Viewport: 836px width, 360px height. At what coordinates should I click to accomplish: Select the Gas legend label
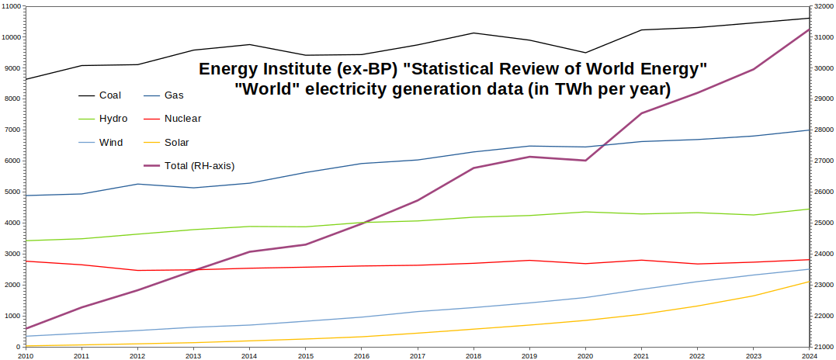point(173,95)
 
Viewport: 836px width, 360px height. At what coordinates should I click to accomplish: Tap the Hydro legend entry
point(113,119)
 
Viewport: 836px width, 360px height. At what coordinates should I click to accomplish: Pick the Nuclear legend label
point(182,119)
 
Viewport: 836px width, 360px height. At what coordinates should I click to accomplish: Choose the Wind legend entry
point(111,142)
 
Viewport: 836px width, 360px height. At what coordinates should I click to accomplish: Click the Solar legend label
point(176,142)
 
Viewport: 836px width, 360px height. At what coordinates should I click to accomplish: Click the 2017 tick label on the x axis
point(417,355)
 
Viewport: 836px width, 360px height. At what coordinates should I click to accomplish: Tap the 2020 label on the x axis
point(585,355)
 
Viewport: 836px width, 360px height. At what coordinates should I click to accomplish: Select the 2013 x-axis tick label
point(193,355)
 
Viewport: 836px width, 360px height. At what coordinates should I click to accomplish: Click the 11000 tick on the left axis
point(12,6)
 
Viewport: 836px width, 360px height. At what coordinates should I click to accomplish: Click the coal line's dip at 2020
point(585,53)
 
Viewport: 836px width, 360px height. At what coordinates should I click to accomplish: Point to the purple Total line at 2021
point(641,113)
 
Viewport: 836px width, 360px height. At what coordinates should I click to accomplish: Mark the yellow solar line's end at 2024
point(809,282)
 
